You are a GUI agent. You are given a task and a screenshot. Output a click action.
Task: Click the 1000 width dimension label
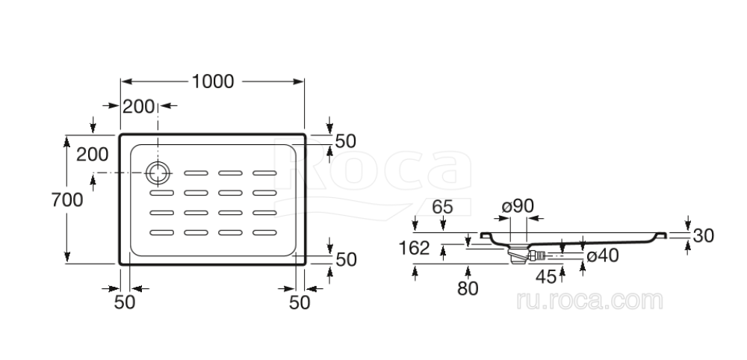click(x=213, y=81)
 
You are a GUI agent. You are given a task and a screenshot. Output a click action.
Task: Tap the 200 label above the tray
click(x=138, y=107)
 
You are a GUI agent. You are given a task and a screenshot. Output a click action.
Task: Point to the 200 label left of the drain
click(x=93, y=155)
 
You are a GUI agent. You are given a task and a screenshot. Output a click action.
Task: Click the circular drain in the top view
click(x=158, y=173)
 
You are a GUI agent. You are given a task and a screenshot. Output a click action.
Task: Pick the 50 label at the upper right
click(x=345, y=140)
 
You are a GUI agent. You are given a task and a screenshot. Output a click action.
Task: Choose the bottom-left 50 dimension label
click(x=125, y=302)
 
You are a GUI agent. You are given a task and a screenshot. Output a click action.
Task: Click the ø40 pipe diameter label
click(x=602, y=256)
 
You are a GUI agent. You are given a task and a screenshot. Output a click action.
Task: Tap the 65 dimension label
click(x=442, y=208)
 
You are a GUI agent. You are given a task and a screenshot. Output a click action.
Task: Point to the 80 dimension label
click(x=467, y=288)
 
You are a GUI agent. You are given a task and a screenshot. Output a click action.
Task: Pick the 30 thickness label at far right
click(x=703, y=235)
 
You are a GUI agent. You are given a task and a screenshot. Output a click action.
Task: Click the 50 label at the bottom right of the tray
click(x=300, y=302)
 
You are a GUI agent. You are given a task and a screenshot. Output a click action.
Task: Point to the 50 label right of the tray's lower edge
click(x=345, y=259)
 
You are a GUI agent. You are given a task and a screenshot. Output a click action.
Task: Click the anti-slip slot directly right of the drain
click(x=196, y=174)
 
